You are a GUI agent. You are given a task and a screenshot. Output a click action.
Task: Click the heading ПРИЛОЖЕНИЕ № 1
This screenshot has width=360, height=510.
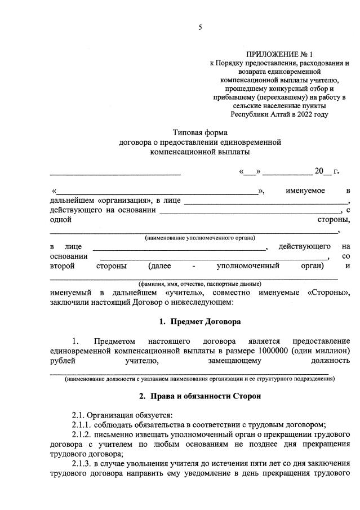click(279, 54)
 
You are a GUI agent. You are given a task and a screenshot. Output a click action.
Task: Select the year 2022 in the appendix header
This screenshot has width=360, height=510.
click(303, 114)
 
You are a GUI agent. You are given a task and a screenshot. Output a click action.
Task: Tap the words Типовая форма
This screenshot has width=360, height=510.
click(199, 133)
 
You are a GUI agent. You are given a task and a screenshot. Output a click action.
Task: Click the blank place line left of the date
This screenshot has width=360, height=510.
click(115, 173)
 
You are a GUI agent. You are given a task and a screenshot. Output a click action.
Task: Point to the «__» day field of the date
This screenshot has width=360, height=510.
click(250, 171)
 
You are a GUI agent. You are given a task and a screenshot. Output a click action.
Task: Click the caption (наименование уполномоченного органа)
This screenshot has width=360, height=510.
click(199, 238)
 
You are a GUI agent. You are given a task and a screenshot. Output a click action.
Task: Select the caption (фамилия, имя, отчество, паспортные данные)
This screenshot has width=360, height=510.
click(199, 283)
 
